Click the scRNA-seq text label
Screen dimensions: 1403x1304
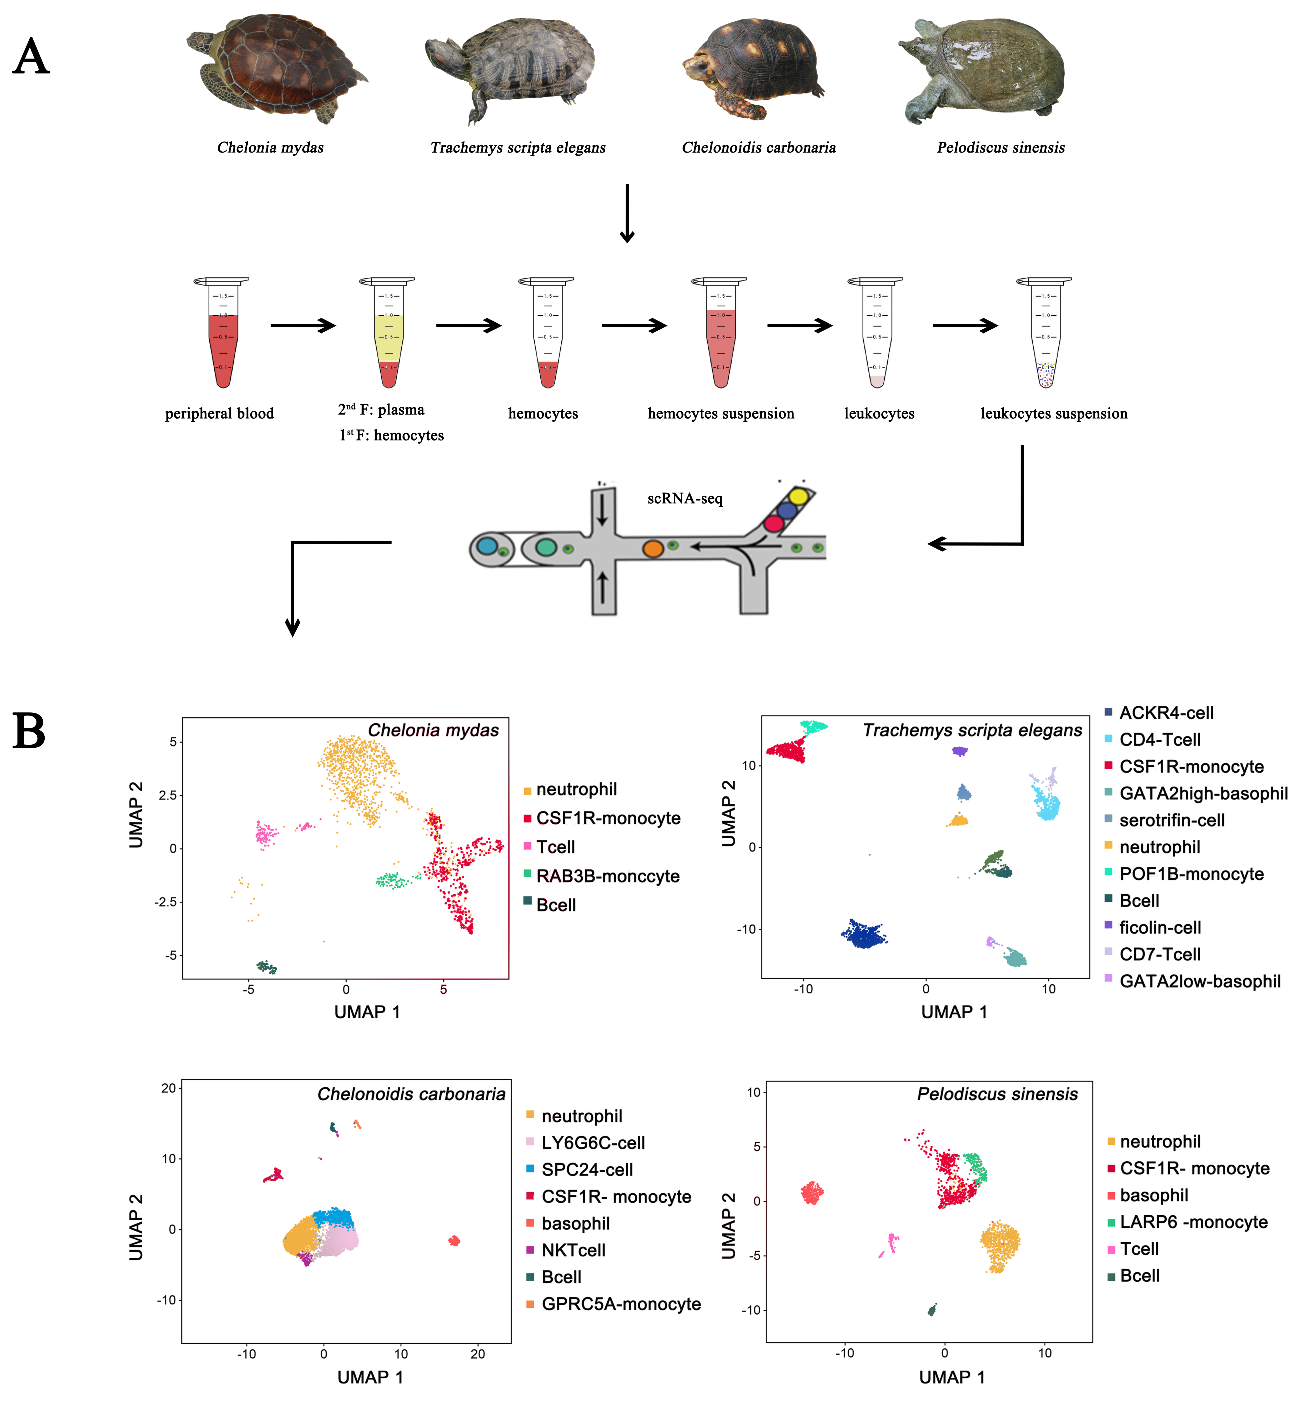click(685, 499)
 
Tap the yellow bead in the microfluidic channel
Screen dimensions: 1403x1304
click(798, 496)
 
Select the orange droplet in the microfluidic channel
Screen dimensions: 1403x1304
click(653, 548)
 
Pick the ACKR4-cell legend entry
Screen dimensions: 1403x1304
click(1166, 713)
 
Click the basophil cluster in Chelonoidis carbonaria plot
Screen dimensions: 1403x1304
click(455, 1241)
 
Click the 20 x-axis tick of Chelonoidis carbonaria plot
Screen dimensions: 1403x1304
click(478, 1354)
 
